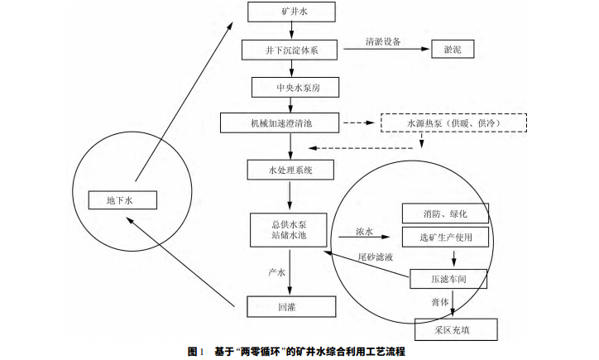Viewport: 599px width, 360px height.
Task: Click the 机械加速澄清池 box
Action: click(x=280, y=122)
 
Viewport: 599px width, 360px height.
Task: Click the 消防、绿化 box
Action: click(x=445, y=214)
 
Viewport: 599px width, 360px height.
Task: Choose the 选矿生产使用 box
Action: click(x=445, y=238)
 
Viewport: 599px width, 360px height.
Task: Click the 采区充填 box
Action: click(x=456, y=329)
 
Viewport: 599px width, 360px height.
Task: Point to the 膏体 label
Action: click(x=439, y=302)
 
